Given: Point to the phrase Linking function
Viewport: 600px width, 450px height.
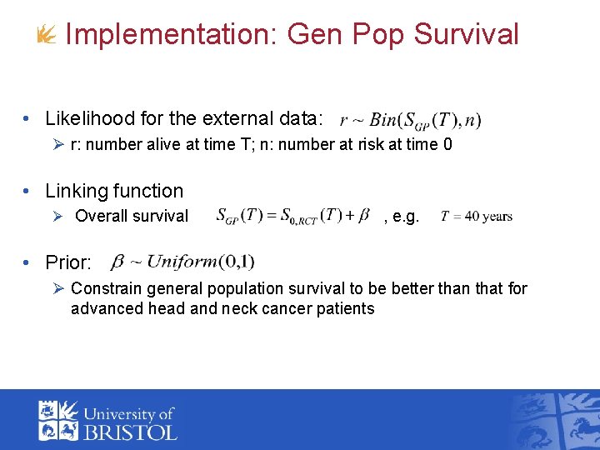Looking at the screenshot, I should (x=114, y=191).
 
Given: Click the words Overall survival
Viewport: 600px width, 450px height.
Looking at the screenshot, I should (x=132, y=216).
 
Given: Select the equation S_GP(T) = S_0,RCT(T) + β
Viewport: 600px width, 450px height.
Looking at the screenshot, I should (x=292, y=216).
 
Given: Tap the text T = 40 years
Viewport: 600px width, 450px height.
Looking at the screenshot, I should (x=476, y=216).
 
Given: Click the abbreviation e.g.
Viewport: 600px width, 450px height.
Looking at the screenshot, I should (x=405, y=217).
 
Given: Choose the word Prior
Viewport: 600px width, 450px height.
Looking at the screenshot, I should (x=67, y=262).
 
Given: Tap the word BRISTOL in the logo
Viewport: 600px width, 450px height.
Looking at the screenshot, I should (x=129, y=432).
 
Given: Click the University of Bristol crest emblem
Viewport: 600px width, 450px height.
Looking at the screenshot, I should (x=58, y=420).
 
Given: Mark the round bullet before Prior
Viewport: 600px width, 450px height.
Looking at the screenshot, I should (x=28, y=262).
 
